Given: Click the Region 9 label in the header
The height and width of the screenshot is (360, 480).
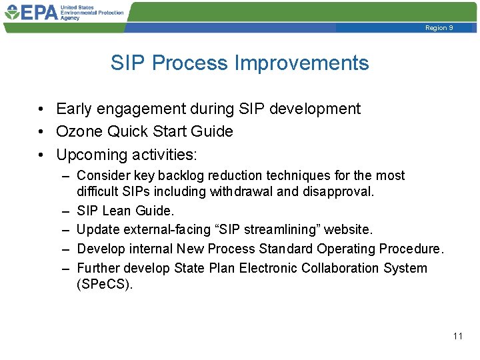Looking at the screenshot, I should [x=439, y=28].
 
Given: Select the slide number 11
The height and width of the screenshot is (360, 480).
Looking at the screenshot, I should [x=457, y=336].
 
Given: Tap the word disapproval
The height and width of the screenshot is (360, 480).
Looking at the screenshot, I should [x=341, y=192].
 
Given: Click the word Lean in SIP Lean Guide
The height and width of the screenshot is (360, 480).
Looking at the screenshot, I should [x=117, y=211].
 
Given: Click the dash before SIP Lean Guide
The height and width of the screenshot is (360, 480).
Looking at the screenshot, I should [x=65, y=211].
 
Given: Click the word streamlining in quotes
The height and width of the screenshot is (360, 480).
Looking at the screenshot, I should [x=289, y=229].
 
